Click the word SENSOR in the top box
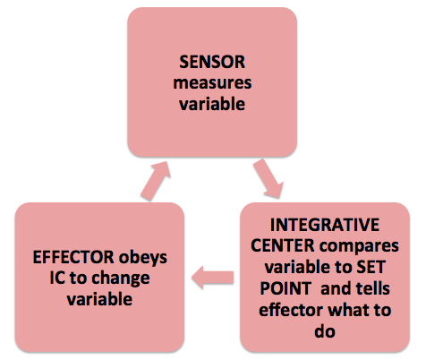(x=212, y=62)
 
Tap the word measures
(x=212, y=83)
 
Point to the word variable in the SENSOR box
(x=212, y=104)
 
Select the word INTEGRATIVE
(x=325, y=225)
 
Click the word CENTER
(x=283, y=246)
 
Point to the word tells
(x=372, y=288)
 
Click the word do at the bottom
(x=325, y=331)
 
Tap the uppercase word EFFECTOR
(x=73, y=257)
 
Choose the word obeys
(x=143, y=258)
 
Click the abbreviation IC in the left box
(x=57, y=278)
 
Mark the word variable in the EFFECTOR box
(x=99, y=299)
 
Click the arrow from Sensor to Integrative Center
(x=268, y=178)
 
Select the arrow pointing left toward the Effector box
(x=212, y=278)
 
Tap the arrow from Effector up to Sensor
(x=156, y=181)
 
